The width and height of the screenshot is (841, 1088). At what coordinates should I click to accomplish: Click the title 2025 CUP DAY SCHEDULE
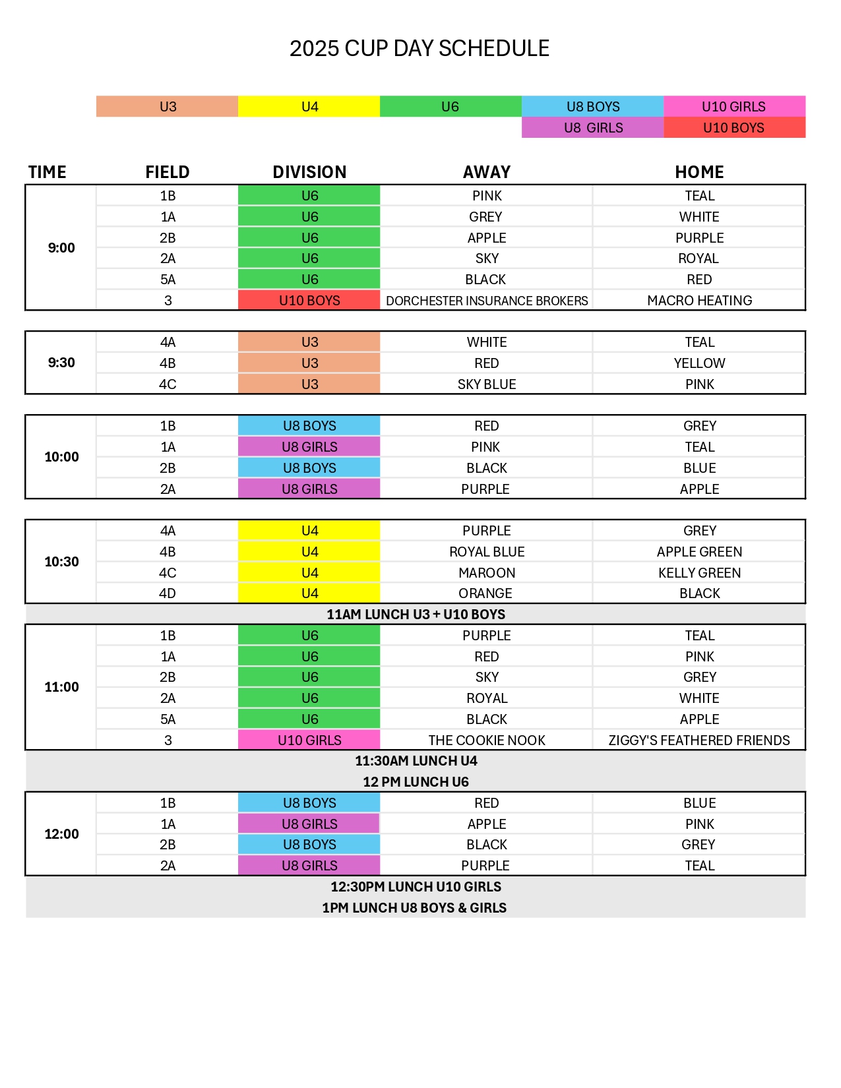coord(420,49)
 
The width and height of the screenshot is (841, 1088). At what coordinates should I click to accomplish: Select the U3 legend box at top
coord(168,106)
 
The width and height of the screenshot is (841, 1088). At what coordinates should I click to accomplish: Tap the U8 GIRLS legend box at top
coord(592,127)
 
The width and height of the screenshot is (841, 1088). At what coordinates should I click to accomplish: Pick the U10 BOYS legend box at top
coord(733,127)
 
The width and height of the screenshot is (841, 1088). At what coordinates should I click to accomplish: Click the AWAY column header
coord(486,172)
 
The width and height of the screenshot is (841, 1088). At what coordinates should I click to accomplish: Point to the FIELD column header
coord(168,172)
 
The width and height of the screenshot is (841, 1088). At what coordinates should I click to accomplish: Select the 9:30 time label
coord(61,363)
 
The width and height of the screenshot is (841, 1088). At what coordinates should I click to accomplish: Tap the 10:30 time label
coord(61,562)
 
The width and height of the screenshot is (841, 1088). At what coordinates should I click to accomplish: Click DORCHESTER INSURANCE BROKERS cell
coord(487,301)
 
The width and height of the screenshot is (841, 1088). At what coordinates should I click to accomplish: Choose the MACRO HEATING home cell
coord(699,301)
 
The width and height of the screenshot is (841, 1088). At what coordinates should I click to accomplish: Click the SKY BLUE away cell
coord(487,384)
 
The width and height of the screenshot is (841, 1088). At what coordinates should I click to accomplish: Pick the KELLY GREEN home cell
coord(699,573)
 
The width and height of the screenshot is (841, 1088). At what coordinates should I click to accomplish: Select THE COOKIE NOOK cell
coord(487,740)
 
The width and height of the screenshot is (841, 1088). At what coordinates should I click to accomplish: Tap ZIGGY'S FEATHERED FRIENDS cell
coord(699,740)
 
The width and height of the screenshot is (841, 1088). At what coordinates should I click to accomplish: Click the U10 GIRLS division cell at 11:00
coord(309,740)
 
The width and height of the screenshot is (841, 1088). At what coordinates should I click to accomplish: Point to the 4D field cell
coord(168,593)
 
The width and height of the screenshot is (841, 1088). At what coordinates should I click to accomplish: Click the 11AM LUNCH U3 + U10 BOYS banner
coord(416,615)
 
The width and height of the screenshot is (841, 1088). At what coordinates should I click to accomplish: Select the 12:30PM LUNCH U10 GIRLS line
coord(416,887)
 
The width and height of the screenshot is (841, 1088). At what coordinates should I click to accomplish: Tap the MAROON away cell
coord(487,573)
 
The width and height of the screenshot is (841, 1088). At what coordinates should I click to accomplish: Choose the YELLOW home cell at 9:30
coord(699,363)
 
